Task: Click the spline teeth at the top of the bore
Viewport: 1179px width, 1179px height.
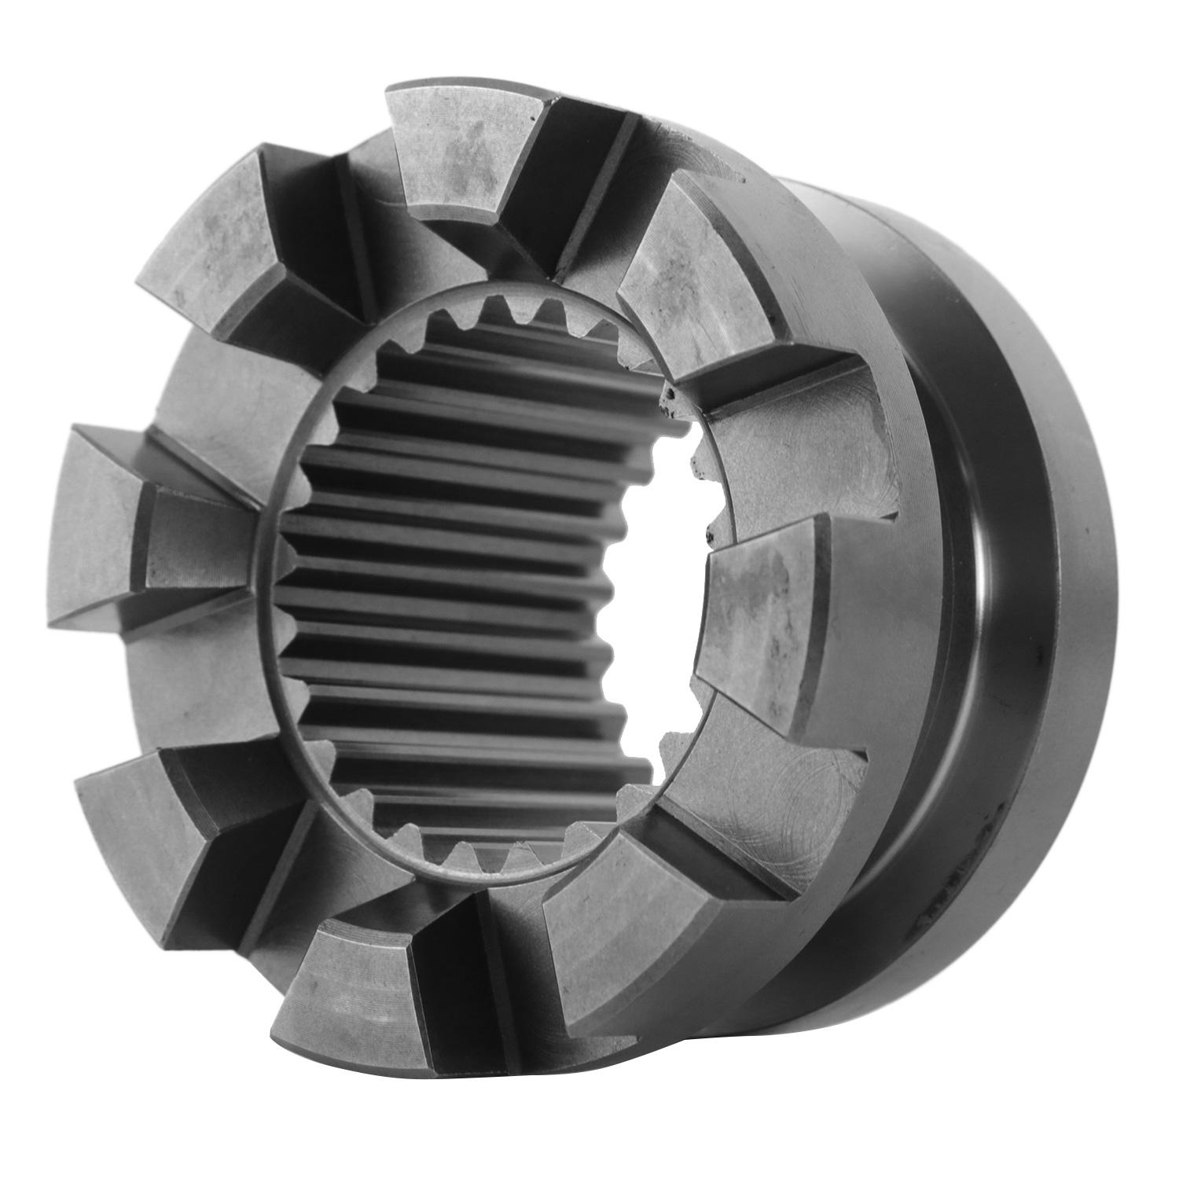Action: [x=519, y=314]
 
